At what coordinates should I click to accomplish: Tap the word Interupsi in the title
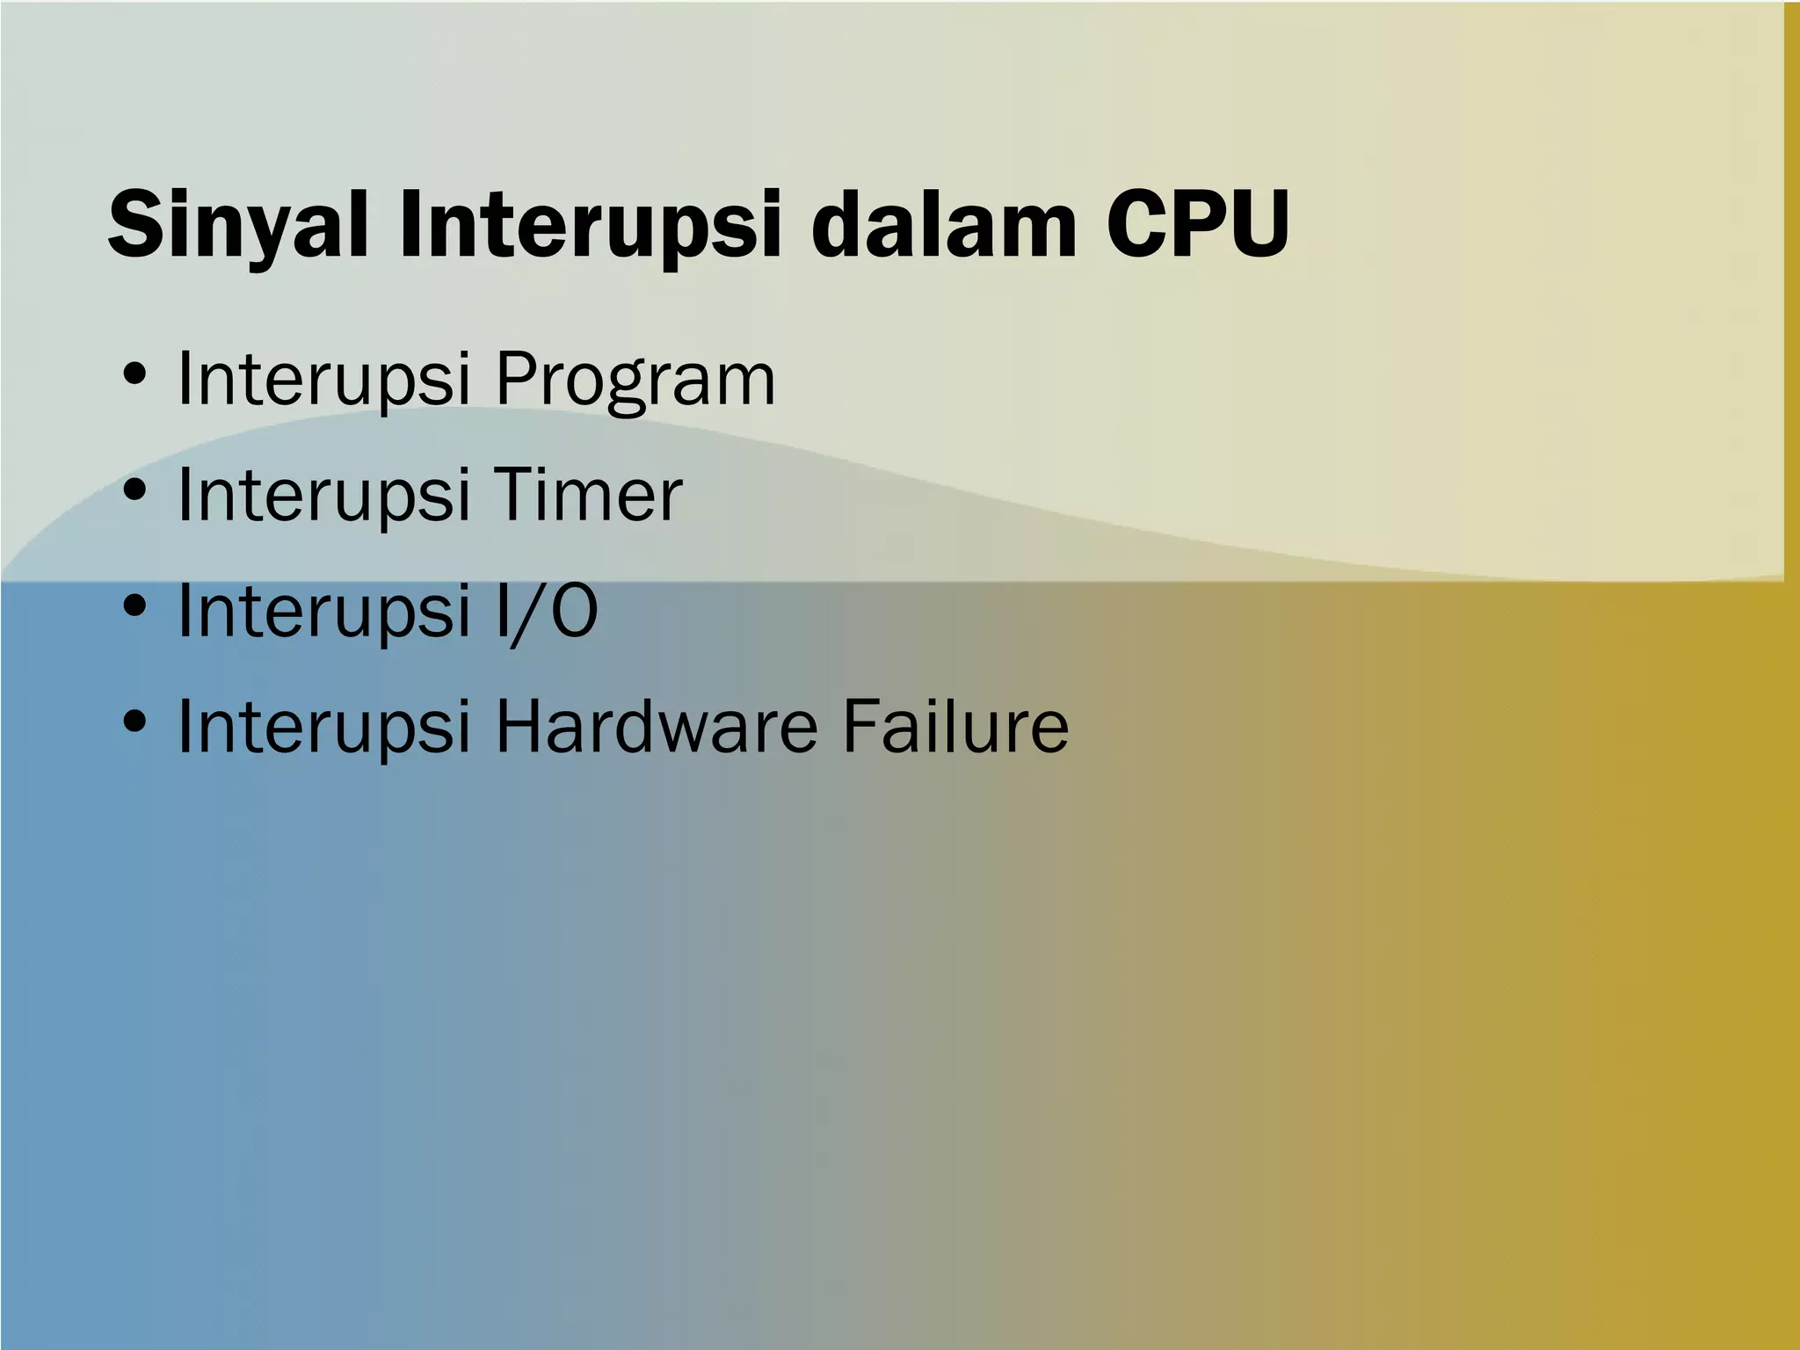589,227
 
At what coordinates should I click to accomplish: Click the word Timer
589,495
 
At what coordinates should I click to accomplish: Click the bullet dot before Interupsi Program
134,376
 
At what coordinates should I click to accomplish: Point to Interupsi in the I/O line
324,612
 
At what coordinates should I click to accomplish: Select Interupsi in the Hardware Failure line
324,728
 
